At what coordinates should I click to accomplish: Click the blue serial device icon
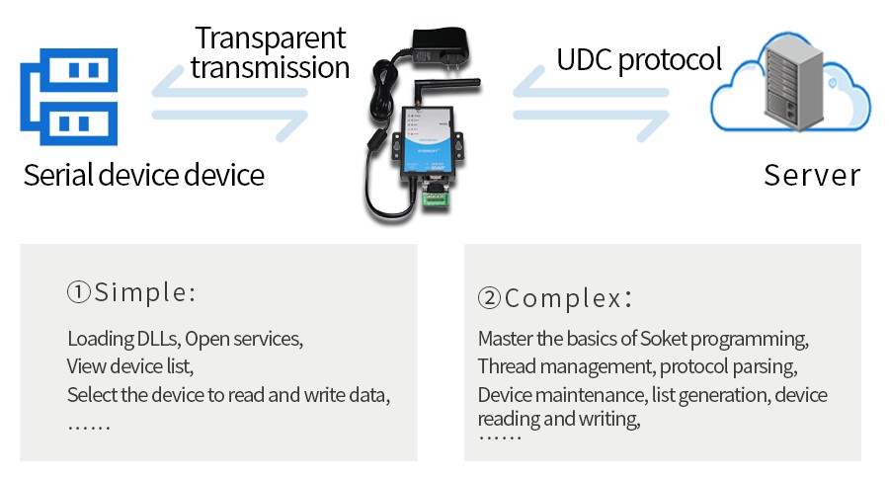(x=69, y=97)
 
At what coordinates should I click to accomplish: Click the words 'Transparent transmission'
(x=270, y=53)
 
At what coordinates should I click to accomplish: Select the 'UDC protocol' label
(x=639, y=60)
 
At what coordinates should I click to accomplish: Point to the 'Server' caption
(x=812, y=176)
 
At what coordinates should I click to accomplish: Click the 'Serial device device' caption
(x=144, y=176)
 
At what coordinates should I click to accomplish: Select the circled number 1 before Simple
(x=79, y=293)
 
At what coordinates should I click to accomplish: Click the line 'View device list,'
(x=129, y=367)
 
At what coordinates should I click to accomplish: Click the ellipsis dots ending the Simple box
(x=89, y=427)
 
